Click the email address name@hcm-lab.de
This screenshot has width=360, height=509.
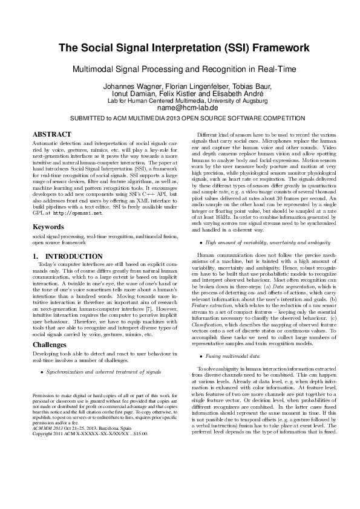click(x=180, y=108)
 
